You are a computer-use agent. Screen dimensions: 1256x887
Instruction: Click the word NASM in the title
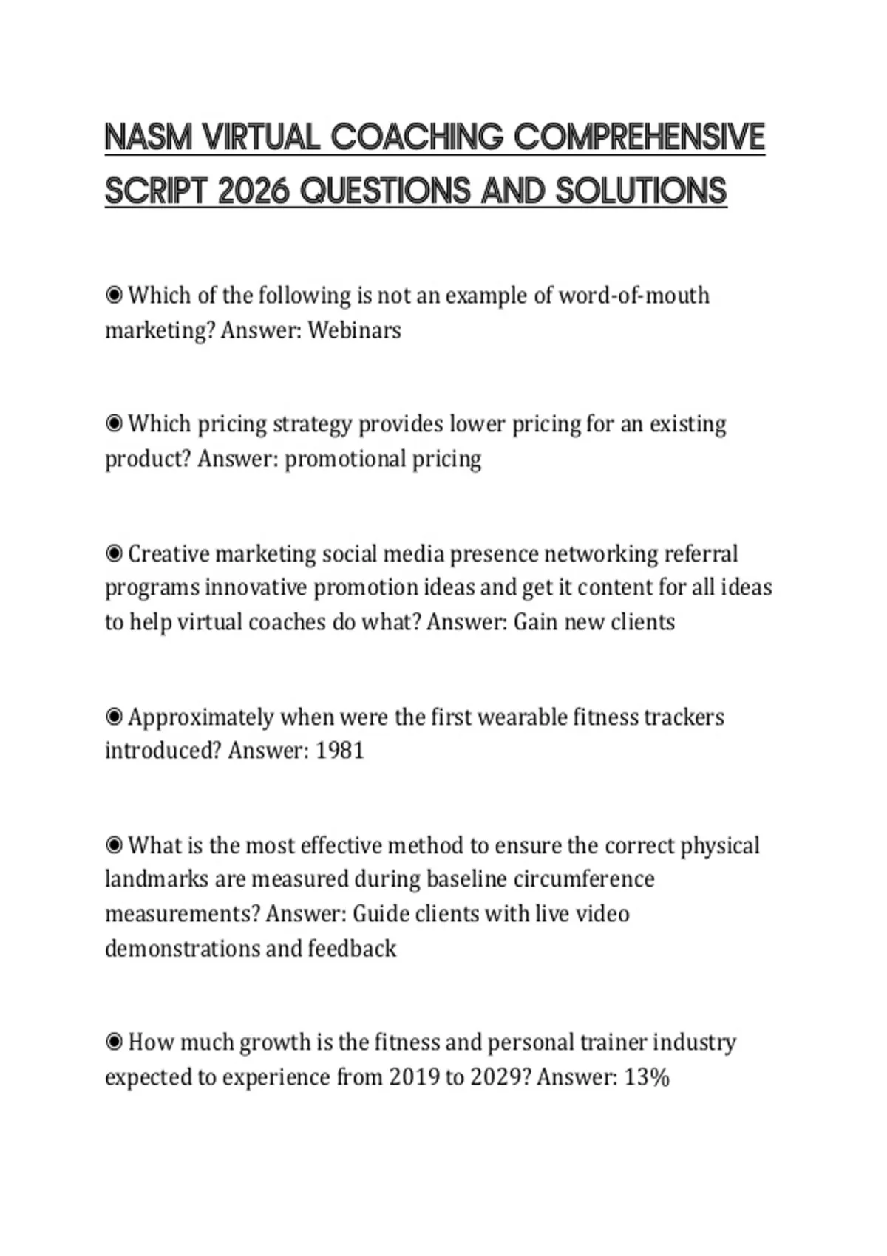[x=149, y=137]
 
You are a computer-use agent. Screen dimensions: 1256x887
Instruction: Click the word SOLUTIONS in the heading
[x=641, y=191]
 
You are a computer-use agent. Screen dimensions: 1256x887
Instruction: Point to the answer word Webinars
[x=354, y=330]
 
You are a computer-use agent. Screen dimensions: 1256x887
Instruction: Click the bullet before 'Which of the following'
[x=114, y=296]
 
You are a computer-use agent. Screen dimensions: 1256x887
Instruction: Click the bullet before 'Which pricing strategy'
[x=114, y=424]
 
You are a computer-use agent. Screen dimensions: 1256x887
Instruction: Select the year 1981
[x=340, y=751]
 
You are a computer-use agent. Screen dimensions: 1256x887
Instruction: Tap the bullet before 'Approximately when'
[x=114, y=717]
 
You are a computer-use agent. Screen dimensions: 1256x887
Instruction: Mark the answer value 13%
[x=647, y=1077]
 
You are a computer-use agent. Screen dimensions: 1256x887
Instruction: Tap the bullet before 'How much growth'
[x=114, y=1042]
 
